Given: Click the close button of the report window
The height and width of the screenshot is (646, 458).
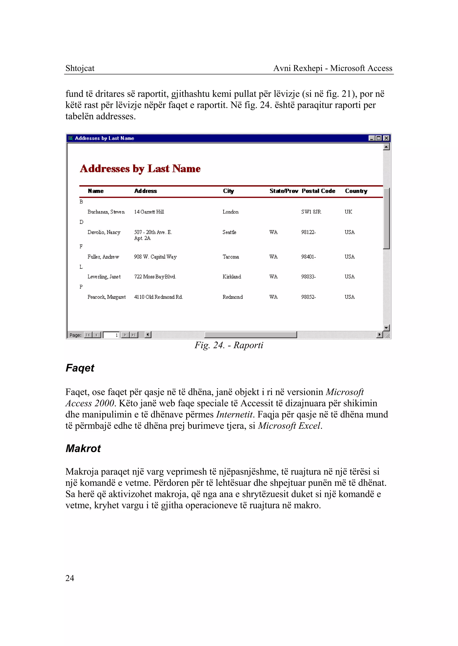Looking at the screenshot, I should pyautogui.click(x=386, y=138).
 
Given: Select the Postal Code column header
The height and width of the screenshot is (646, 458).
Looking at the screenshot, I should pyautogui.click(x=318, y=191).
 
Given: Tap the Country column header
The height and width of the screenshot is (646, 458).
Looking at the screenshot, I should pyautogui.click(x=356, y=191).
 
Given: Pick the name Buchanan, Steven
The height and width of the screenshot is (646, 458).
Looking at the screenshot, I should pyautogui.click(x=106, y=212).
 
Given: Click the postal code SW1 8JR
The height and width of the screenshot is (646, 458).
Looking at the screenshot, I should pyautogui.click(x=311, y=212).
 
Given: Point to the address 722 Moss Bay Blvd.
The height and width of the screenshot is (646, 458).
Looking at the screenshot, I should pyautogui.click(x=155, y=277).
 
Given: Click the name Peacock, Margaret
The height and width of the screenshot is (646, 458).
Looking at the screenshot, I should pyautogui.click(x=106, y=297).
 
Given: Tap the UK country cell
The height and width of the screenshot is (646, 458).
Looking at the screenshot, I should pyautogui.click(x=348, y=212).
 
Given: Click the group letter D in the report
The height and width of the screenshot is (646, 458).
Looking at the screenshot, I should pyautogui.click(x=81, y=222).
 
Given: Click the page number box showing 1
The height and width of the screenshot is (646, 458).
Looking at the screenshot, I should pyautogui.click(x=111, y=335).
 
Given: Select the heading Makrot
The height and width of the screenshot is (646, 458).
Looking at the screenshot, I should pyautogui.click(x=83, y=449).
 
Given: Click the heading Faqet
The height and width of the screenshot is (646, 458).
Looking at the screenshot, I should pyautogui.click(x=80, y=368).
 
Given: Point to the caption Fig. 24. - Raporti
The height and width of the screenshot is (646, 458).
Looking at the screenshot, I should pyautogui.click(x=229, y=345).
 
